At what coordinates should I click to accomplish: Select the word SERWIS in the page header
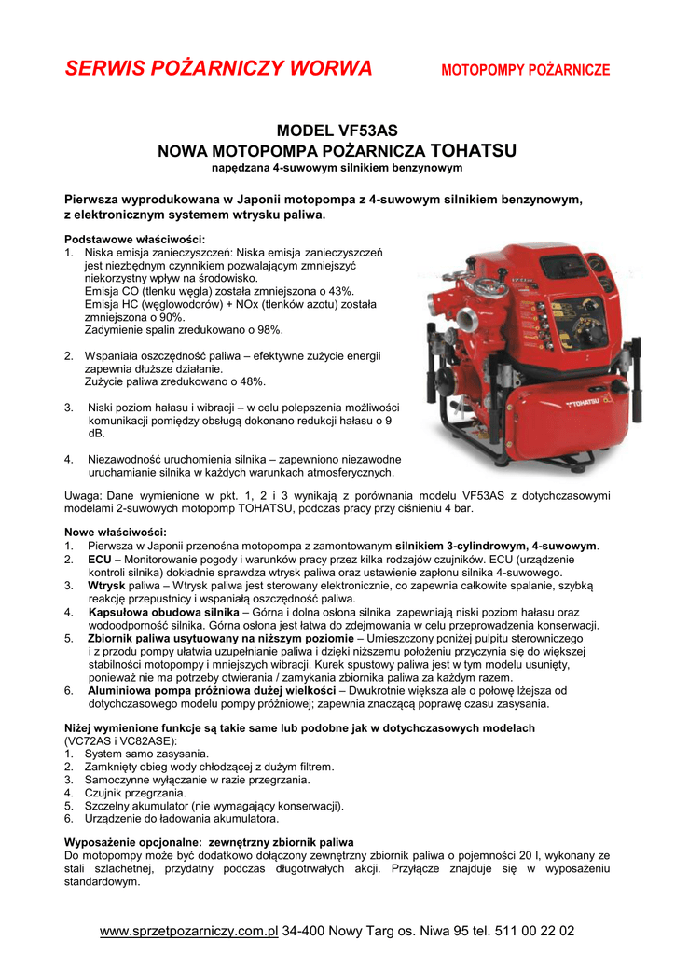(x=103, y=68)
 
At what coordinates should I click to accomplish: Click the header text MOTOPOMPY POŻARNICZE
(x=526, y=70)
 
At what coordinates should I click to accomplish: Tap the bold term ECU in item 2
(x=100, y=559)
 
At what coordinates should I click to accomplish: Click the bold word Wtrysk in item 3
(x=107, y=585)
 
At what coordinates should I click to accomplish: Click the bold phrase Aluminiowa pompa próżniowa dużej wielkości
(x=212, y=690)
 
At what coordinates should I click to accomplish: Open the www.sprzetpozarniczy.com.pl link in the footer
(x=189, y=931)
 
